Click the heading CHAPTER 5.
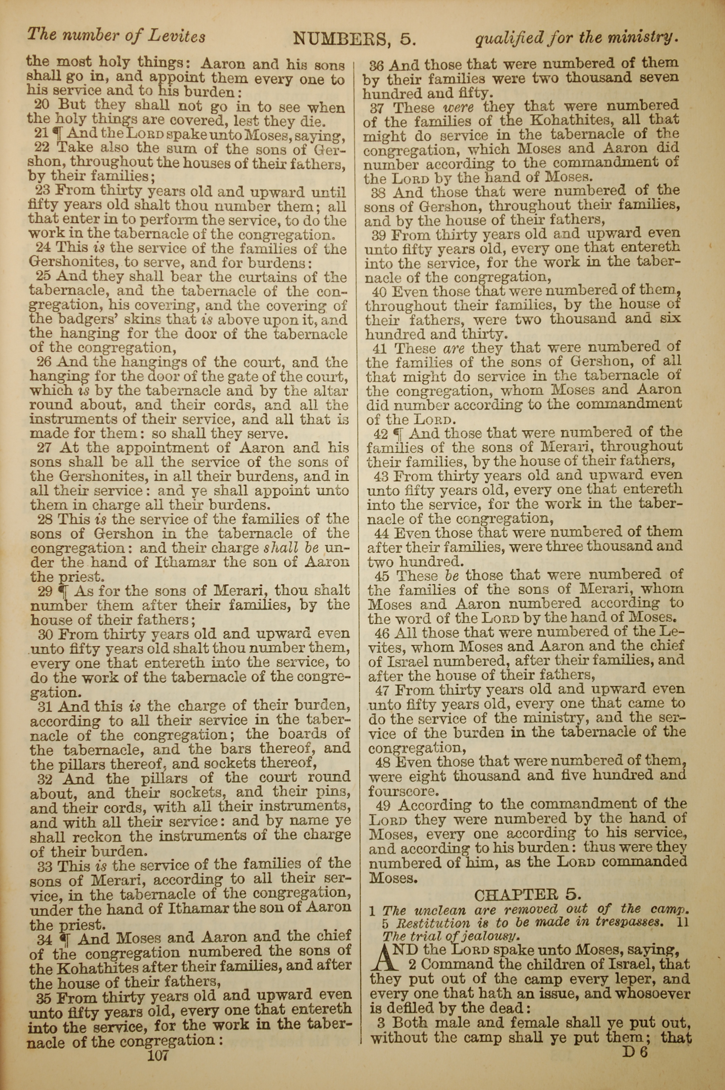[527, 895]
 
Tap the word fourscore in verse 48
[403, 791]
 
